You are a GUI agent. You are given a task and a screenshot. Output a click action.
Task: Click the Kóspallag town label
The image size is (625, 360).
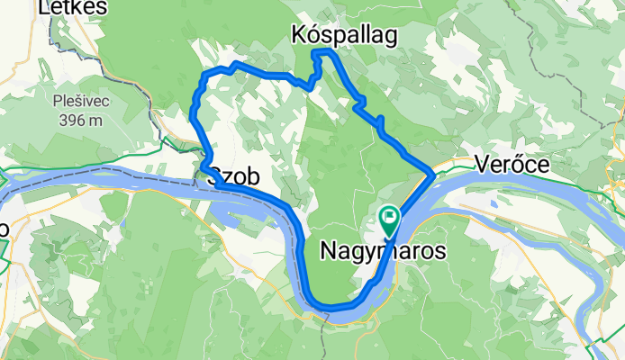click(347, 34)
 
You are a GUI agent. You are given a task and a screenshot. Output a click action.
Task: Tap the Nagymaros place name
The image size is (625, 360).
click(383, 252)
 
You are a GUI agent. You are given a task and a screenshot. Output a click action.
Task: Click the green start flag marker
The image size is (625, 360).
click(389, 217)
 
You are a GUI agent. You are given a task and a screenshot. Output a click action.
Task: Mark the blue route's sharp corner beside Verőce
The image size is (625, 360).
click(434, 168)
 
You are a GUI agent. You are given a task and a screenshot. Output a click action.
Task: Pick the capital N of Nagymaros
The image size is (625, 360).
click(329, 252)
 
